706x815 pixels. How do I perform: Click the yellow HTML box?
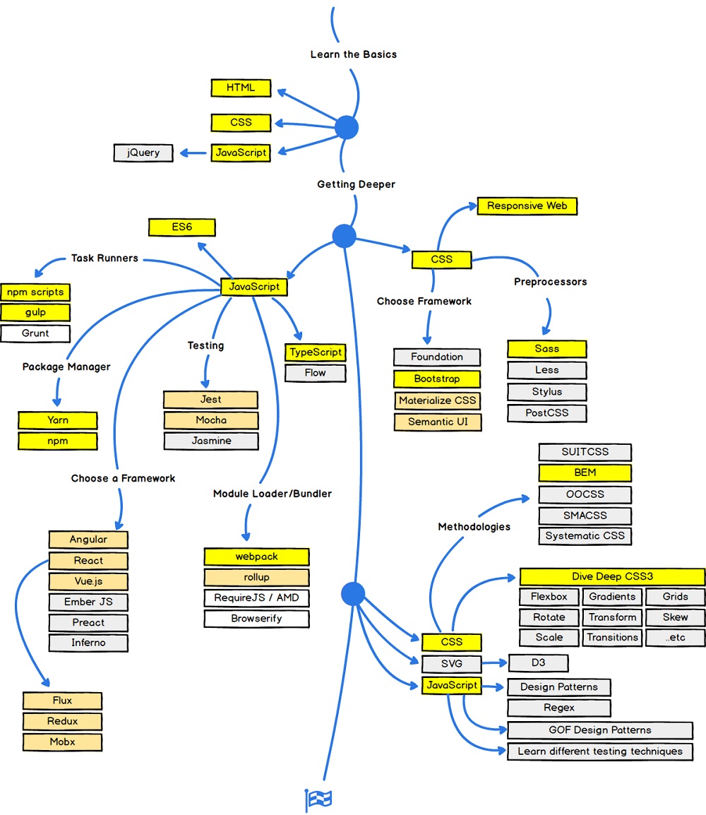point(241,88)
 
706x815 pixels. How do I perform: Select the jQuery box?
point(143,153)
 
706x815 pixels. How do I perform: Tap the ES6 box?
point(181,227)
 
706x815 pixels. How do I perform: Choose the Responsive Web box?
point(527,206)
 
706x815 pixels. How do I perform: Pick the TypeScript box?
point(316,352)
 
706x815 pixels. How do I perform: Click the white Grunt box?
point(35,333)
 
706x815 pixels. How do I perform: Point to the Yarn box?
point(58,420)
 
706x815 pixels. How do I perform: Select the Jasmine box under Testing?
point(211,441)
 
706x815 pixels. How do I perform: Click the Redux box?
point(63,721)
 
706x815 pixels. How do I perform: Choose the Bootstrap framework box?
point(436,379)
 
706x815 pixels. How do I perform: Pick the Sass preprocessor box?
point(546,349)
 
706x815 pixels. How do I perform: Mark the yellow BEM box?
point(585,473)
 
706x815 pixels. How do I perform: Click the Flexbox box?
point(549,597)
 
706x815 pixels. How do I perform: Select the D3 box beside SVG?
point(537,663)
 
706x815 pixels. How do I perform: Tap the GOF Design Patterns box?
point(599,730)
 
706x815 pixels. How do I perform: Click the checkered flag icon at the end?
point(318,799)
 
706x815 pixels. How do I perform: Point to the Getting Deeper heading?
point(356,184)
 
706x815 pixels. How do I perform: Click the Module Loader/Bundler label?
point(272,494)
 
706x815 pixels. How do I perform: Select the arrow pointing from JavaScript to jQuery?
point(192,153)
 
